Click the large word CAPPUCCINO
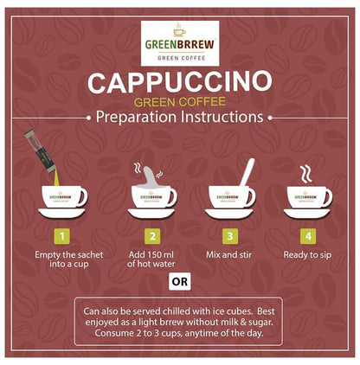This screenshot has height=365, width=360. (x=180, y=85)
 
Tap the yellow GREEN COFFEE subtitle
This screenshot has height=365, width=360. (x=180, y=103)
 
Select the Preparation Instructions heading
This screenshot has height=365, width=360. (x=180, y=117)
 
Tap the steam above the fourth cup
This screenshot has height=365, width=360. (x=305, y=173)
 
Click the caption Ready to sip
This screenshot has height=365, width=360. (x=309, y=255)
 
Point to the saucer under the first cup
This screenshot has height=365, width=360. (x=61, y=212)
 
